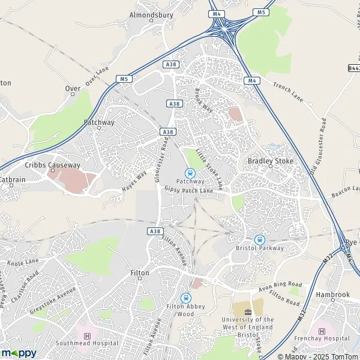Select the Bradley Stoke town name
[x=268, y=161]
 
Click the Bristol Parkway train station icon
[x=259, y=238]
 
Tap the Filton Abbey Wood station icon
[x=185, y=298]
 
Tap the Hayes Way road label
[x=134, y=181]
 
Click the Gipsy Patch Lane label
[x=189, y=190]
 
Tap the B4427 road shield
[x=354, y=69]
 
